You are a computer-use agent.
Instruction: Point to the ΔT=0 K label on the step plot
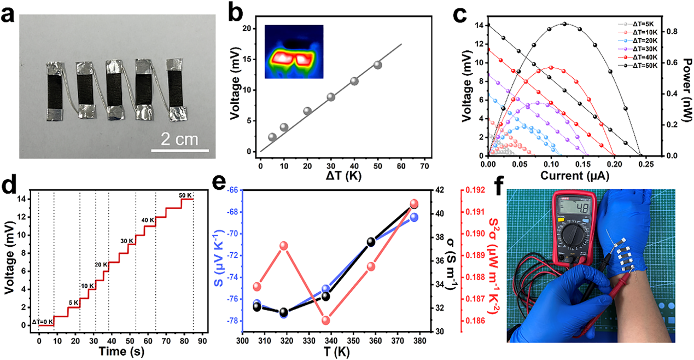point(42,321)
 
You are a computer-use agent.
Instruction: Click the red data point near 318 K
point(284,246)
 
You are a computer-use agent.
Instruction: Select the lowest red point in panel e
point(326,321)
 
